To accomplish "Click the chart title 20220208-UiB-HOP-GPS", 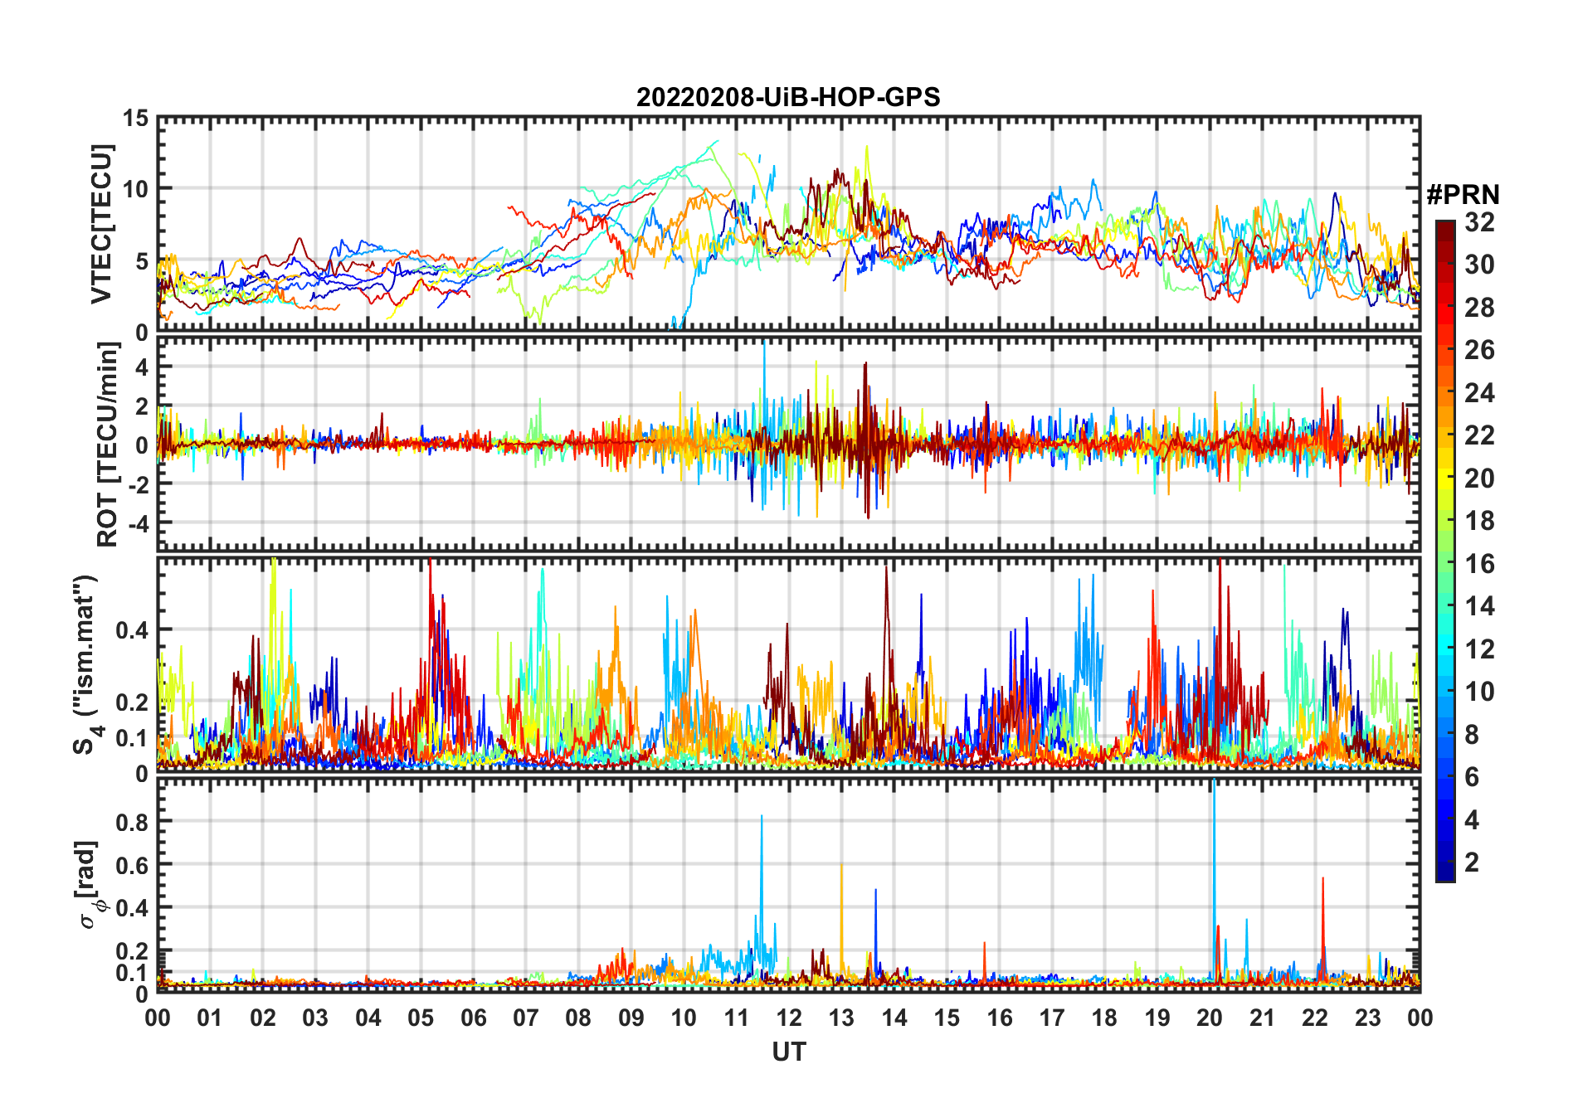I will click(788, 98).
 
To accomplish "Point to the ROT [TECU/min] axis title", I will click(108, 445).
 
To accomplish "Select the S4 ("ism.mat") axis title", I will click(85, 664).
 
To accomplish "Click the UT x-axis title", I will click(788, 1052).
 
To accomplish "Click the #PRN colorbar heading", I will click(1463, 195).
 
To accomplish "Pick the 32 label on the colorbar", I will click(1479, 222).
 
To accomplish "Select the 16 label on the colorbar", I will click(1479, 564).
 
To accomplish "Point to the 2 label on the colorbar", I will click(1472, 862).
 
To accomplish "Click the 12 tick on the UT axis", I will click(788, 1018).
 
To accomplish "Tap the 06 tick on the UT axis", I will click(473, 1018).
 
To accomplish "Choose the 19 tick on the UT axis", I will click(1157, 1018).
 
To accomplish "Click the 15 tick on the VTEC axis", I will click(135, 119).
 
